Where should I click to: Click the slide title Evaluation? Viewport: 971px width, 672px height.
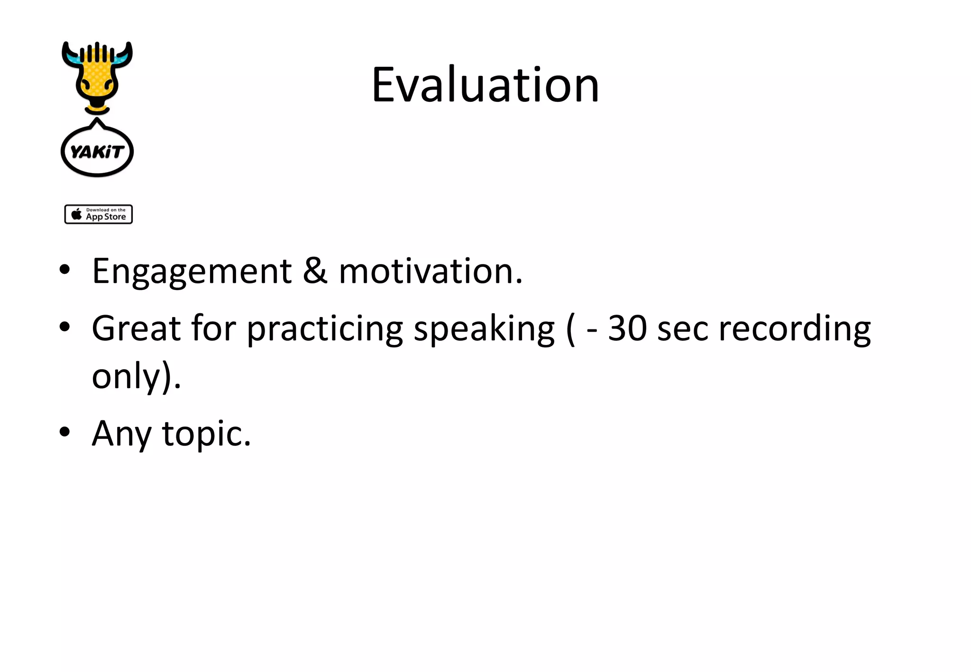pos(485,85)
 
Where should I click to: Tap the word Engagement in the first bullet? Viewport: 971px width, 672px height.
pos(192,272)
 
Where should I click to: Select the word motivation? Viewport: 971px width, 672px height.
pos(430,272)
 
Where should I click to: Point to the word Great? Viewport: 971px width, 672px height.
pos(136,328)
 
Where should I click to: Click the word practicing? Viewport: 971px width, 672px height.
pos(325,329)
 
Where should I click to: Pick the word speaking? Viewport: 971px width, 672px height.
pos(484,329)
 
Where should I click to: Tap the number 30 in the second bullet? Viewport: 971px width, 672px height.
pos(627,328)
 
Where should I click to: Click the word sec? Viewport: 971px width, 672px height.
pos(682,329)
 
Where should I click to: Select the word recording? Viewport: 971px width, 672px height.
pos(795,329)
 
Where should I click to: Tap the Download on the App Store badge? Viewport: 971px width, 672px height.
pos(99,214)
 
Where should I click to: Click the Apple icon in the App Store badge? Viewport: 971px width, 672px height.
pos(76,214)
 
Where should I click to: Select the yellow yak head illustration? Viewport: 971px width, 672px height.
pos(97,76)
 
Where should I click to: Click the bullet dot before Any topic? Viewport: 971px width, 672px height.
pos(65,432)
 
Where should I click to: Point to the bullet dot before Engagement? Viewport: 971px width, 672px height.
pos(65,270)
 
